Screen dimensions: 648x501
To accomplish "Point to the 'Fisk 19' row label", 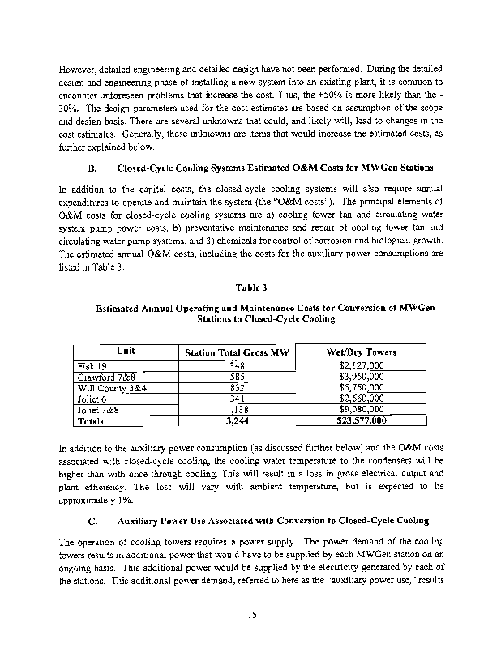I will [x=83, y=365].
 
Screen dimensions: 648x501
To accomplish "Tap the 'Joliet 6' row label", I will [x=84, y=399].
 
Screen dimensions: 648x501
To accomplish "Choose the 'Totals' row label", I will [x=83, y=421].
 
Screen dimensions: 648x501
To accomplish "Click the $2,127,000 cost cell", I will [x=361, y=365].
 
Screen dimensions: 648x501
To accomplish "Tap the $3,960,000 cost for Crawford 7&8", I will [x=361, y=377].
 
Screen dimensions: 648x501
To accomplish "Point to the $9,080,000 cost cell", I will [x=361, y=410].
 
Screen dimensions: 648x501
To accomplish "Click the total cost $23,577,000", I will [x=360, y=421].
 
